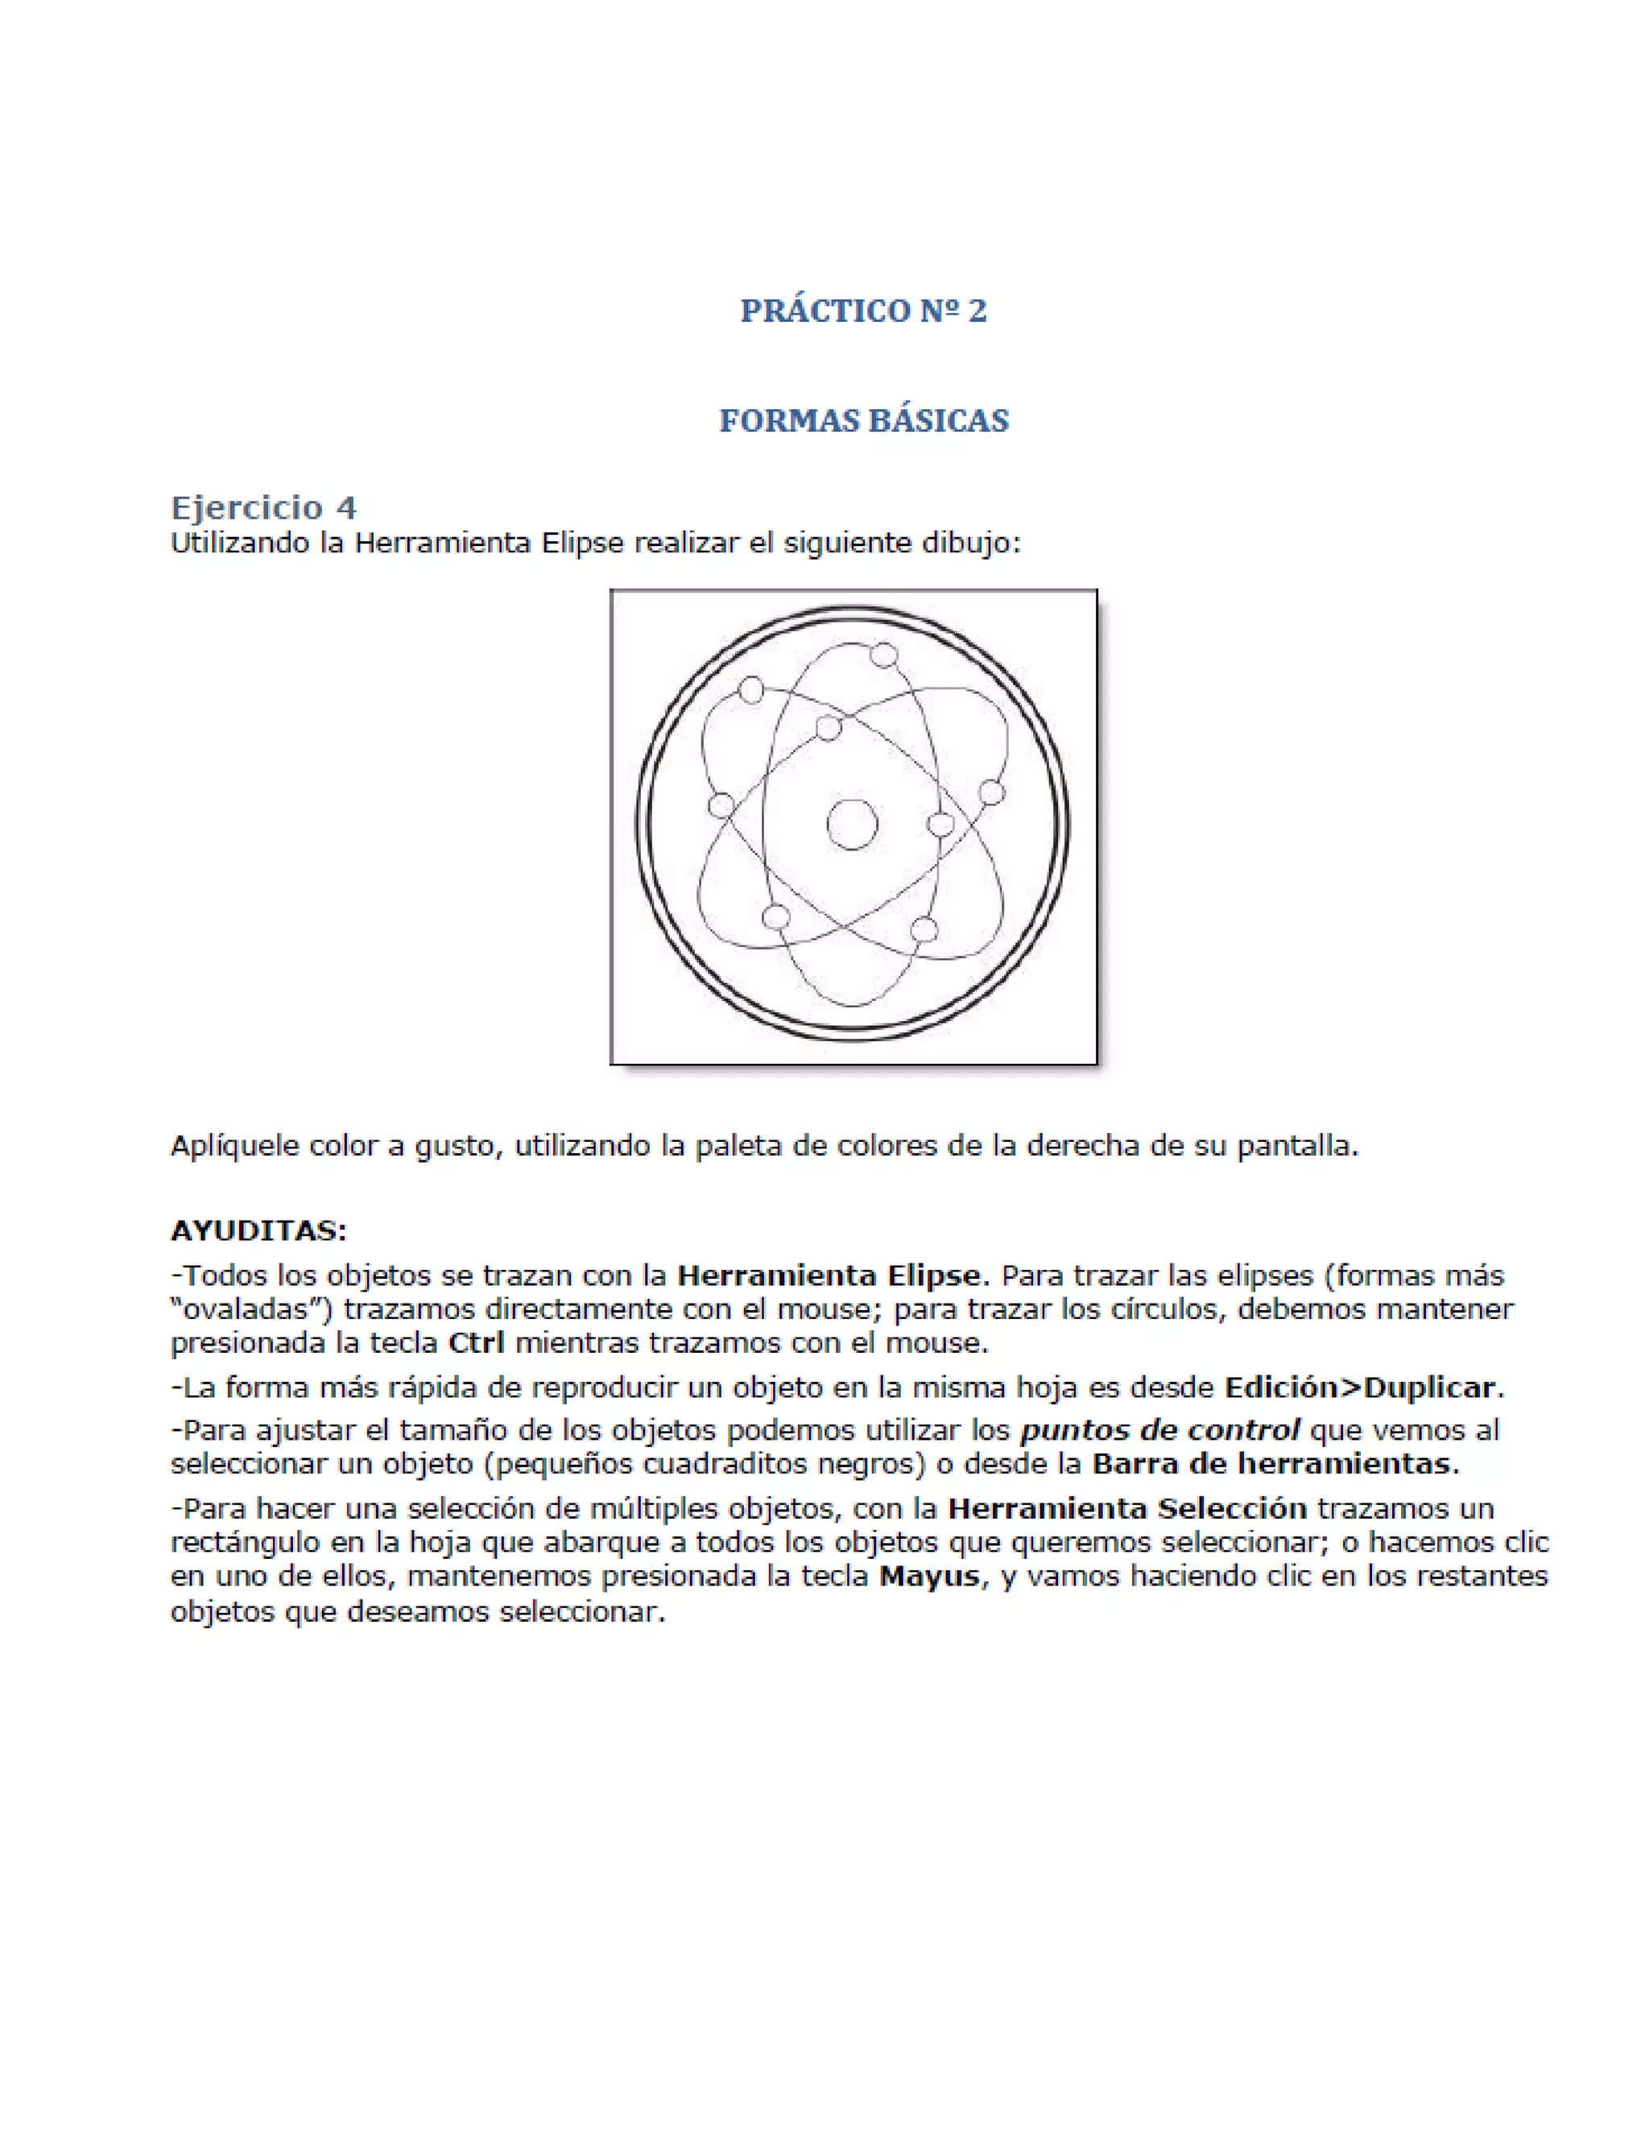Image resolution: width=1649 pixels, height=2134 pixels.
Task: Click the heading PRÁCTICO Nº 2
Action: point(864,311)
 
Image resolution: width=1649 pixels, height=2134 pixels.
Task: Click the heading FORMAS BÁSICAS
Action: point(864,421)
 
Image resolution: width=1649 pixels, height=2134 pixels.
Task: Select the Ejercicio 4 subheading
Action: point(264,508)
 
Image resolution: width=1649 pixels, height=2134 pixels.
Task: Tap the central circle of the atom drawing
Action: point(852,824)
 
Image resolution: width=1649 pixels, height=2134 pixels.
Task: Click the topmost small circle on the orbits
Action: point(883,655)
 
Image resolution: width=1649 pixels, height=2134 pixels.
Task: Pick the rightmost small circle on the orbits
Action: point(990,792)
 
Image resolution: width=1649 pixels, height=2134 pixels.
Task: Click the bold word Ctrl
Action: point(476,1342)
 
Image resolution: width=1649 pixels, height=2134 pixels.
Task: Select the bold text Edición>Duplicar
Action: point(1360,1388)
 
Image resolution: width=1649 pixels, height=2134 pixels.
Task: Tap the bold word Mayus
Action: point(929,1576)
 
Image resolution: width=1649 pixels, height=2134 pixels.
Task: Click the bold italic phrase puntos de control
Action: point(1159,1430)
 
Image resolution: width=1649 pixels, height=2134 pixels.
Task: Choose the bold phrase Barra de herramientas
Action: point(1274,1464)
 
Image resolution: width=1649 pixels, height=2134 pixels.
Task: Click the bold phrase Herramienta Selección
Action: point(1127,1508)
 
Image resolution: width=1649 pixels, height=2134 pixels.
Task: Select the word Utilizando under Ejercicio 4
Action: point(239,544)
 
